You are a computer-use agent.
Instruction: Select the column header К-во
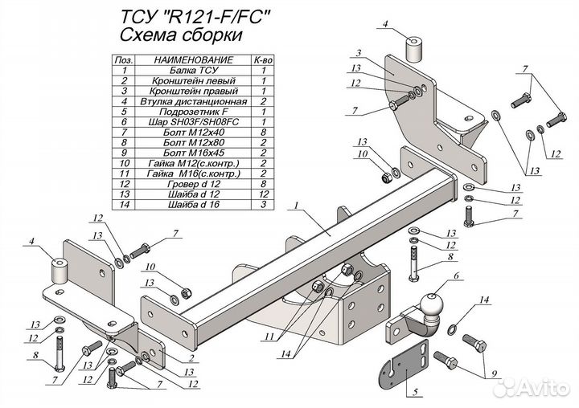click(263, 60)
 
